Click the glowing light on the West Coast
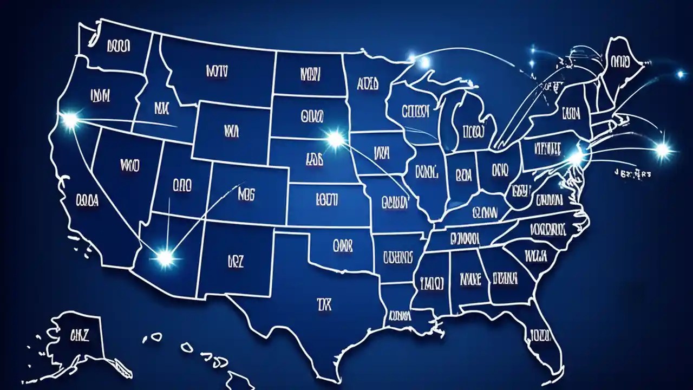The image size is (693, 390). tap(70, 120)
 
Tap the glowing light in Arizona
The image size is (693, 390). tap(165, 258)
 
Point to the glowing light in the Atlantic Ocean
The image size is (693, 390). tap(662, 150)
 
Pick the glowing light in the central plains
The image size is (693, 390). tap(336, 139)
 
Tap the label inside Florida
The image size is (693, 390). tap(540, 334)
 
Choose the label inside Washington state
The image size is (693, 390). tap(118, 47)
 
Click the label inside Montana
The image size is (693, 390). tap(218, 71)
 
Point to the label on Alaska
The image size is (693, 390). tap(79, 335)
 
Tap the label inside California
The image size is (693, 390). tap(87, 201)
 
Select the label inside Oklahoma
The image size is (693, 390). tap(342, 246)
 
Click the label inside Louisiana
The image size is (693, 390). tap(399, 315)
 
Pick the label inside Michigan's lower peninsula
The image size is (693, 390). tap(473, 131)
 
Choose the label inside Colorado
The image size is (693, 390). tap(246, 193)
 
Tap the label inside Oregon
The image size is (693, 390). tap(100, 96)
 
